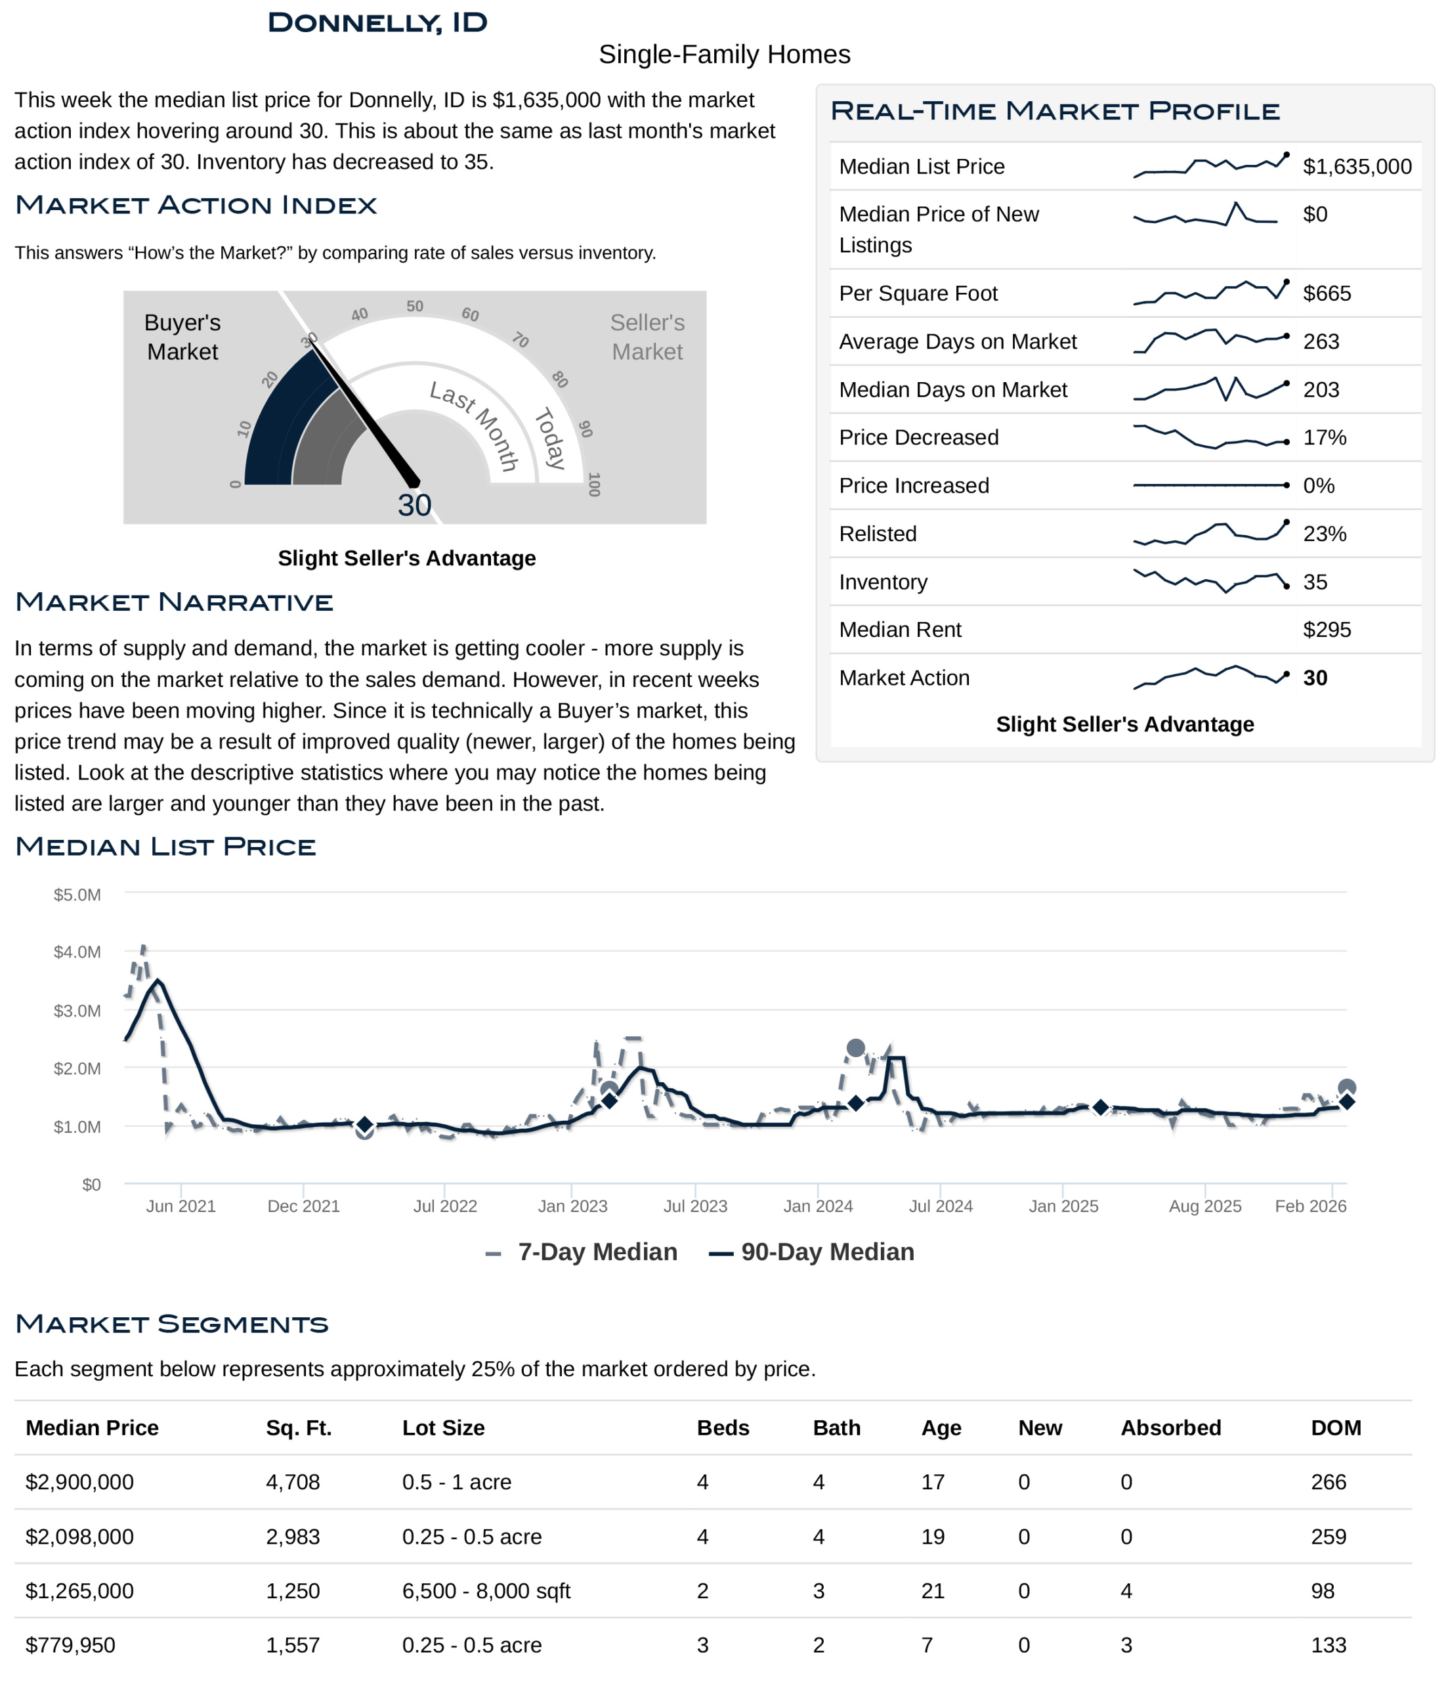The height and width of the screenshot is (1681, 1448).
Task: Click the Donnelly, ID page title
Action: [x=377, y=23]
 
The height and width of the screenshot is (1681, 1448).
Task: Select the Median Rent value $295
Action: [x=1327, y=630]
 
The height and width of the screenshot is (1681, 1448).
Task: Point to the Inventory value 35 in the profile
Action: [x=1315, y=582]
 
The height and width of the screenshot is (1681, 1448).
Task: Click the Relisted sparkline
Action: [x=1210, y=533]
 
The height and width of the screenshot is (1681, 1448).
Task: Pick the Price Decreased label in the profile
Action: [x=918, y=437]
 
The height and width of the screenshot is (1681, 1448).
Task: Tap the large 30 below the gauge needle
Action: [x=415, y=506]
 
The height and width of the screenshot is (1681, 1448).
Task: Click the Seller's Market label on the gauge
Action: [x=647, y=337]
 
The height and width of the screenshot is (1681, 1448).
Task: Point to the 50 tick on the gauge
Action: [x=415, y=307]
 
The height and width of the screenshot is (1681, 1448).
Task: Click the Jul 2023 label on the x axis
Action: [x=695, y=1206]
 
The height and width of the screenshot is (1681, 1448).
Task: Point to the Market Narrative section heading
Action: [x=175, y=602]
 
